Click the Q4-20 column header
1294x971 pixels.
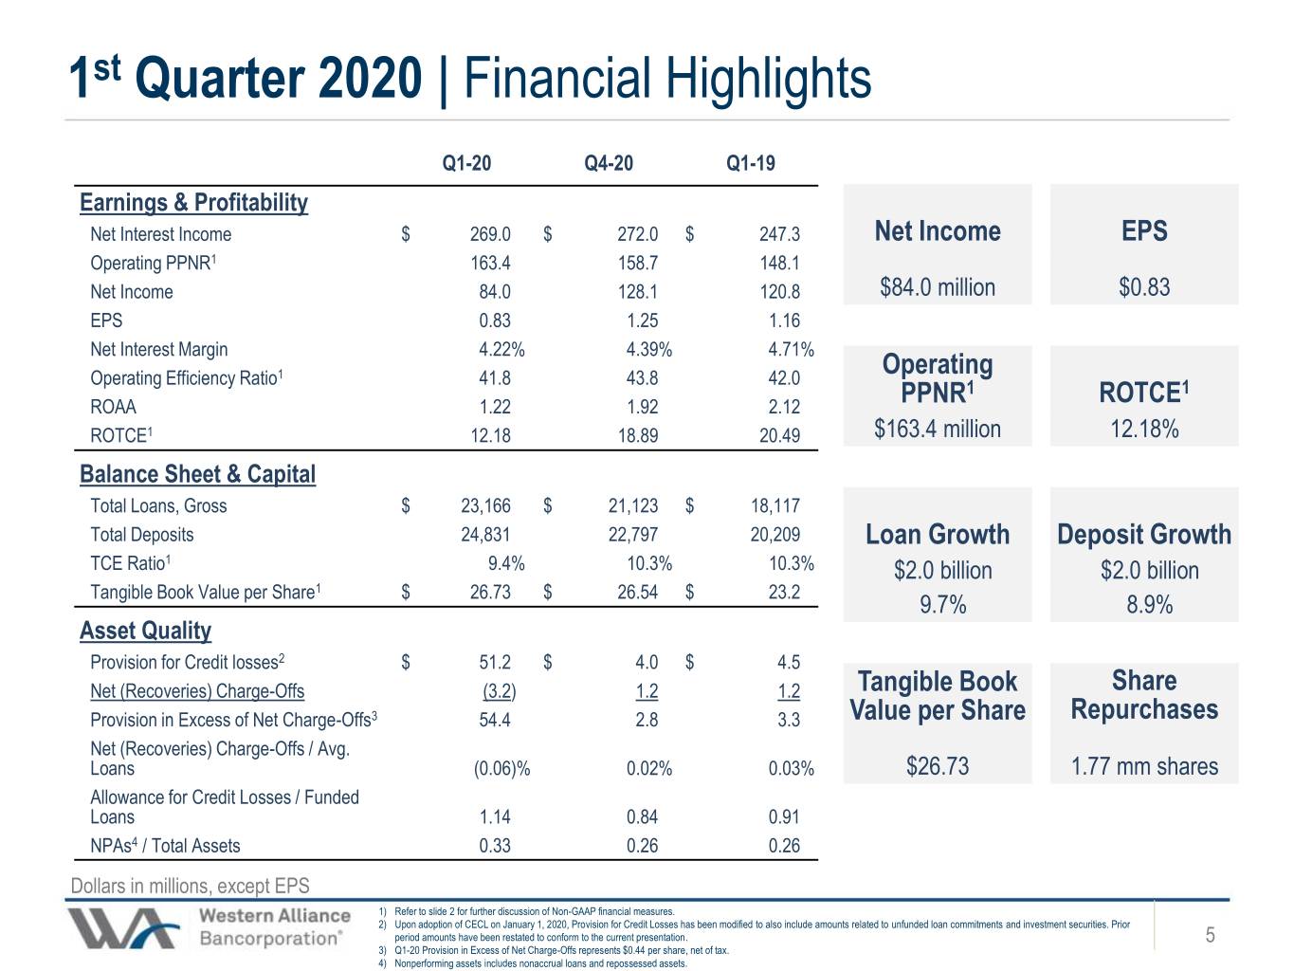click(609, 163)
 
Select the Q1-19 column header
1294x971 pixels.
click(751, 163)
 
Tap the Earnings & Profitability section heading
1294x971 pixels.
click(194, 203)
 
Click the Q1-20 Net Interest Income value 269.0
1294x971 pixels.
click(490, 234)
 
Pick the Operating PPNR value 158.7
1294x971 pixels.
click(637, 263)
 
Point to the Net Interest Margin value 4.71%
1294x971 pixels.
click(791, 350)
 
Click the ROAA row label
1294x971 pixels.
click(113, 407)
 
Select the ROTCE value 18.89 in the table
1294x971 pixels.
click(637, 435)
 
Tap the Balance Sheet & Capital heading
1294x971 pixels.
click(197, 474)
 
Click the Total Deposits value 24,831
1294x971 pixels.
click(485, 535)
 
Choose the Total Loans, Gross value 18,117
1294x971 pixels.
click(775, 505)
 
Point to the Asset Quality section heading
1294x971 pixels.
click(145, 631)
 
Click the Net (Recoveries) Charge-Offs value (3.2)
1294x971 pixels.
click(499, 691)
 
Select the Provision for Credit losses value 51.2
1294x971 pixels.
click(495, 662)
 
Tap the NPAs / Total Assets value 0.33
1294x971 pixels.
click(495, 846)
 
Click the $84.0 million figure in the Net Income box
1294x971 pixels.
click(938, 287)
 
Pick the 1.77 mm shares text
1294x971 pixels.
click(1144, 766)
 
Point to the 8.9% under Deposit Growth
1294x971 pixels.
click(1149, 605)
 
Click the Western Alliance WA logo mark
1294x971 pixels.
click(123, 928)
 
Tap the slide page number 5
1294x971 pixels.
click(1210, 935)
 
